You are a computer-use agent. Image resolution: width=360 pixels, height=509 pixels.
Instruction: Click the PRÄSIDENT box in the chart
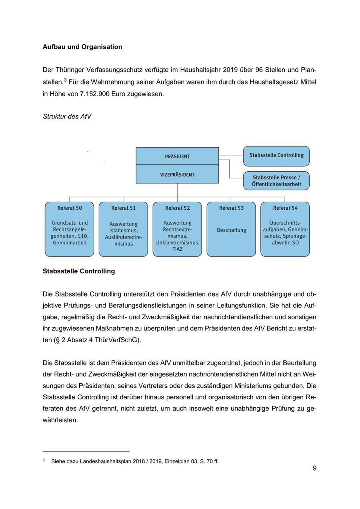coord(177,156)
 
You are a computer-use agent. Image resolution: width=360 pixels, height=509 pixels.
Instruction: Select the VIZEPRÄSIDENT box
coord(177,175)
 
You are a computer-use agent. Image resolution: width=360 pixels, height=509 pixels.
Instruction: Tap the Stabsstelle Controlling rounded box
coord(276,155)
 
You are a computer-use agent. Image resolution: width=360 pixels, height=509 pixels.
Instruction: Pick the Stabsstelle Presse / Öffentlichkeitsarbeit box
coord(276,181)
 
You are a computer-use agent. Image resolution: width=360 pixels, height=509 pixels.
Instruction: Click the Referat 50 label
coord(70,208)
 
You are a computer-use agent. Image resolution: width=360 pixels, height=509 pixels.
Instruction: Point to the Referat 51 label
coord(123,208)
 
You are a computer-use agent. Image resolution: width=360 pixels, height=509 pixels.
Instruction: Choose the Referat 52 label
coord(177,208)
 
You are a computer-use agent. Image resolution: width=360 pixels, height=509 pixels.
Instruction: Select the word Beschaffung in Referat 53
coord(231,230)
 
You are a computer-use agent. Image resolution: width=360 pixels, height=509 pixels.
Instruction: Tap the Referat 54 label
coord(285,208)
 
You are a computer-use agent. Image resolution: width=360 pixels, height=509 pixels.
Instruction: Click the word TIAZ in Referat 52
coord(177,249)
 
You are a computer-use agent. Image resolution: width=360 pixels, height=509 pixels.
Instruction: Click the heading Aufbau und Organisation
coord(82,47)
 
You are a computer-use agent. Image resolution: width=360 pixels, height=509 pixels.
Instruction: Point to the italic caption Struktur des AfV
coord(67,116)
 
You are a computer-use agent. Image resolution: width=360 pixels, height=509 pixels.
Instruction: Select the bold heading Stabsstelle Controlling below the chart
coord(79,271)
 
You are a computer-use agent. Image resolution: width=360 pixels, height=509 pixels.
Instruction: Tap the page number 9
coord(314,468)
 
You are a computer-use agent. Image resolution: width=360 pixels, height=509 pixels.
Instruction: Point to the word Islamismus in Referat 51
coord(123,230)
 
